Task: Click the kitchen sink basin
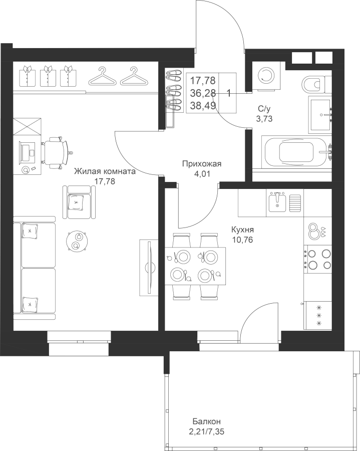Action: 277,201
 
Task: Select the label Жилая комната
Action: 105,172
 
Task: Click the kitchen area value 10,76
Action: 243,240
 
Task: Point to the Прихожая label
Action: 202,164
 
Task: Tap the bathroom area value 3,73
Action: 264,118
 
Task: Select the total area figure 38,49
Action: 203,106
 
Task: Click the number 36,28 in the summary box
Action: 203,93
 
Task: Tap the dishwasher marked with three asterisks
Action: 318,315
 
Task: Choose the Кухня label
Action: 243,230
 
